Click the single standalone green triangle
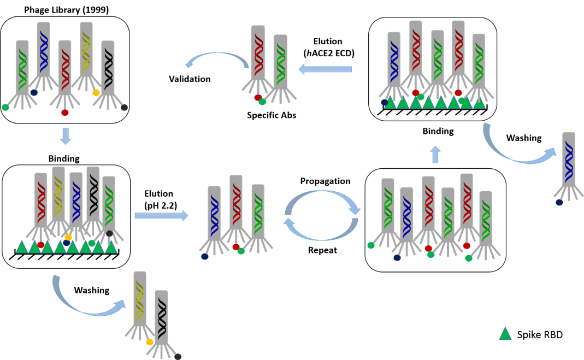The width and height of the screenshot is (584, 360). pos(505,334)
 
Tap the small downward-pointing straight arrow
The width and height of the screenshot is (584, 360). pos(66,136)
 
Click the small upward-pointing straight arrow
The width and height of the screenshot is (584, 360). pos(435,155)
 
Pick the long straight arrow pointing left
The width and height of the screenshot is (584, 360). pos(326,69)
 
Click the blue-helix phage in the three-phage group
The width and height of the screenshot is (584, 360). pos(214,213)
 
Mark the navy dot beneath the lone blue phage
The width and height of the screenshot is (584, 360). pos(559,202)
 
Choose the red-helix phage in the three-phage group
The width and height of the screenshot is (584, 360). pos(236,202)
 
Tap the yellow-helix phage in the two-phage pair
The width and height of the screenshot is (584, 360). pos(140,298)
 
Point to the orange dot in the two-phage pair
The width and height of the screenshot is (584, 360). pos(150,342)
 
